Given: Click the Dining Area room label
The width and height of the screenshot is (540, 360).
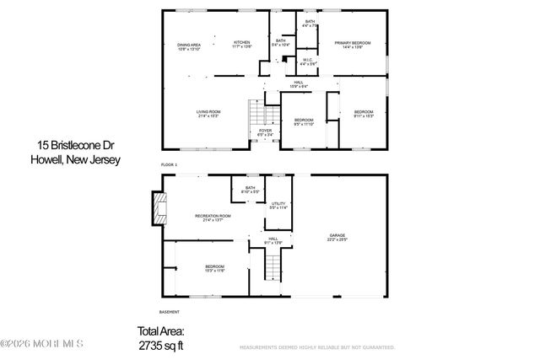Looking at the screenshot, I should (x=189, y=47).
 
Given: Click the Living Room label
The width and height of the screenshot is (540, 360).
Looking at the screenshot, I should (x=208, y=114).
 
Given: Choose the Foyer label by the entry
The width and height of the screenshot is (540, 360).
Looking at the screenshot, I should (x=265, y=132).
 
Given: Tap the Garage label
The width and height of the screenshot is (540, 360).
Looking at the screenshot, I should (x=337, y=239).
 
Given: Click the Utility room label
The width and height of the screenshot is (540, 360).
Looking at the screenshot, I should (x=278, y=205).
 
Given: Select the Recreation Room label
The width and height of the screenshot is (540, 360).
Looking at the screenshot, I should (x=213, y=218).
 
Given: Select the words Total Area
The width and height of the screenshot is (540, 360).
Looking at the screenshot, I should (x=160, y=332).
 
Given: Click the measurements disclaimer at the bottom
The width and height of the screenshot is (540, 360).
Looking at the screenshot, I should (x=318, y=347).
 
